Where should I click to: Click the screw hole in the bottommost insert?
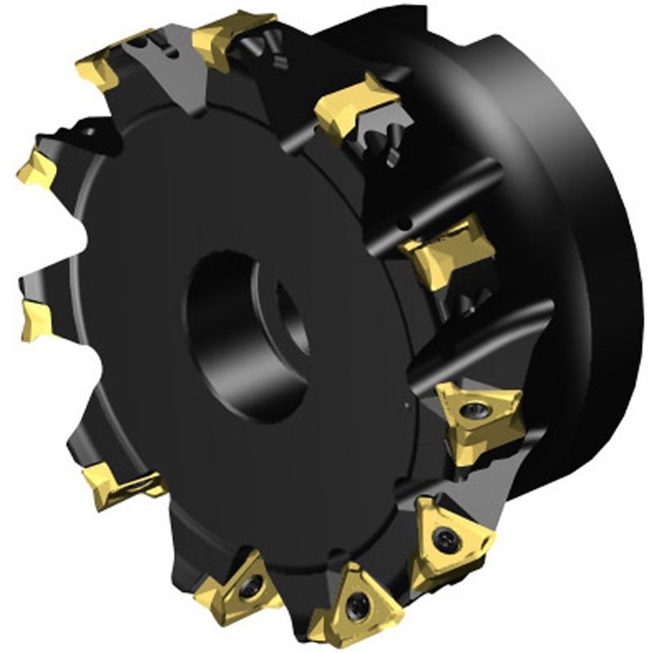357,607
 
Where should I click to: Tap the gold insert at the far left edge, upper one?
38,168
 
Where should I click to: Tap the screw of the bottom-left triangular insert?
252,586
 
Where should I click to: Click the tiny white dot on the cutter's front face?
406,402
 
